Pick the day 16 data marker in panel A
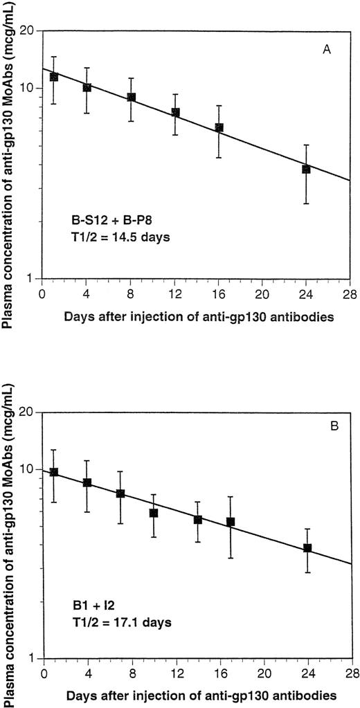219,127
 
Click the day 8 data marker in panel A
131,98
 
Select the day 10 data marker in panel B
154,513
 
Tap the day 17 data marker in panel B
231,522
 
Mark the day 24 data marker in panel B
307,547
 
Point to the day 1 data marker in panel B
54,472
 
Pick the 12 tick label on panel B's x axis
175,670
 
